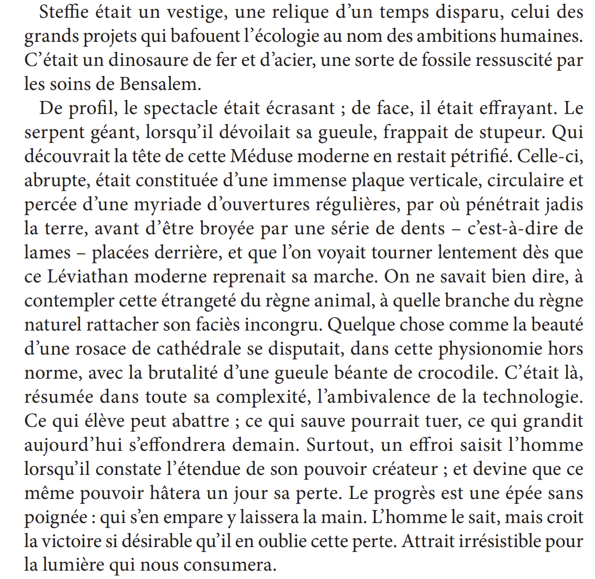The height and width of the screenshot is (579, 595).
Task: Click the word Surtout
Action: [339, 445]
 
